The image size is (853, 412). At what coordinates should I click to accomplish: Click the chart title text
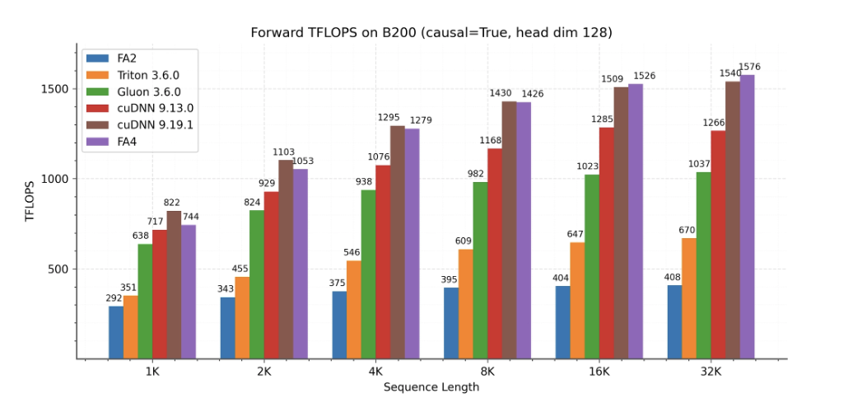pyautogui.click(x=431, y=32)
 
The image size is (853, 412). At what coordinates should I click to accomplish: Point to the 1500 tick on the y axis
pyautogui.click(x=61, y=89)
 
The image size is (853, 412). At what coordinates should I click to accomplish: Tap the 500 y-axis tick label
pyautogui.click(x=64, y=269)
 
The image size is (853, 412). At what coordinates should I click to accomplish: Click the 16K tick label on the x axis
pyautogui.click(x=599, y=372)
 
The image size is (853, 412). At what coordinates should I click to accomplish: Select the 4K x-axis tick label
pyautogui.click(x=375, y=372)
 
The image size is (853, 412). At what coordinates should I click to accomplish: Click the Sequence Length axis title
pyautogui.click(x=431, y=387)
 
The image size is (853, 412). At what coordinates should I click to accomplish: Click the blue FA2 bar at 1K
pyautogui.click(x=116, y=332)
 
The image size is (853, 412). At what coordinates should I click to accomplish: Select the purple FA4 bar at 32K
pyautogui.click(x=747, y=217)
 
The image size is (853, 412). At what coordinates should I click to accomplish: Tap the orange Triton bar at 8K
pyautogui.click(x=466, y=303)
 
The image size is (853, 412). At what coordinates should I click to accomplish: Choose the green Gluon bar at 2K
pyautogui.click(x=257, y=284)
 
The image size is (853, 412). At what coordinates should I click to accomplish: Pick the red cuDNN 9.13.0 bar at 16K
pyautogui.click(x=606, y=243)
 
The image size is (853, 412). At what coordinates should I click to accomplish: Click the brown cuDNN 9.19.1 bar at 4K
pyautogui.click(x=397, y=242)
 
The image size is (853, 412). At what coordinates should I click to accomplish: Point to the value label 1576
pyautogui.click(x=749, y=68)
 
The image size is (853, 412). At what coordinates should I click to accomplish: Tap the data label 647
pyautogui.click(x=576, y=235)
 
